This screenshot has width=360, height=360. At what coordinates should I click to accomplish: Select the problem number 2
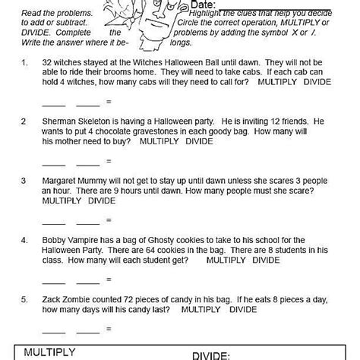coord(25,121)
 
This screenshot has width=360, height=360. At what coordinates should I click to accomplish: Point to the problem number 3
coord(25,181)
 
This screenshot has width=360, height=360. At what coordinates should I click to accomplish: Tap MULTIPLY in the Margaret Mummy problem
coord(62,201)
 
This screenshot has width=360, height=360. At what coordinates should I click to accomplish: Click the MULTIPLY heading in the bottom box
coord(49,352)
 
